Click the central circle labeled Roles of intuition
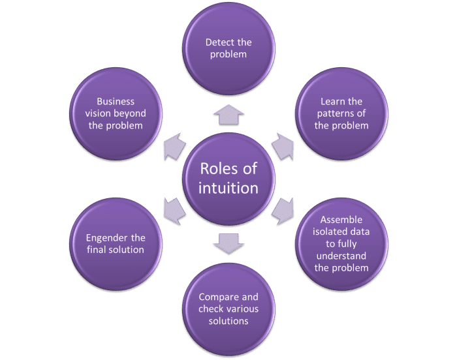[228, 179]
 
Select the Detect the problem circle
[228, 49]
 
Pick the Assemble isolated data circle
[340, 243]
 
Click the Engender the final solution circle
[116, 243]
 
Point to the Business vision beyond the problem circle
[116, 113]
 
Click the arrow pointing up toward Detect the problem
[228, 115]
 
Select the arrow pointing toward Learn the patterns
[283, 147]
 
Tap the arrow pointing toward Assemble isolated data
[283, 210]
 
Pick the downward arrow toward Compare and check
[228, 242]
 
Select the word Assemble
[340, 220]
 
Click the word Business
[115, 101]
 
